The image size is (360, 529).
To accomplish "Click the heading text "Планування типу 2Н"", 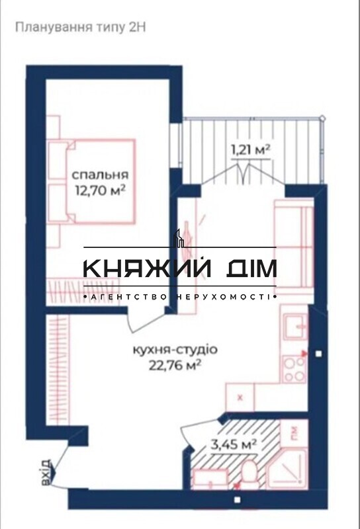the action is coord(81,27).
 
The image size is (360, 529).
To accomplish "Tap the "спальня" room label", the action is coord(101,175).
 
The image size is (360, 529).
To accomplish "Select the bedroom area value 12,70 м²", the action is coord(101,190).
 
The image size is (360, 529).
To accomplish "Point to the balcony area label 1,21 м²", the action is coord(250,149).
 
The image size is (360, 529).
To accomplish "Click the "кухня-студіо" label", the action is coord(175,350).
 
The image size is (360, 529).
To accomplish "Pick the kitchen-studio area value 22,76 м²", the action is coord(175,366).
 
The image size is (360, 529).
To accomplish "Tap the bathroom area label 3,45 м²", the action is coord(234,444).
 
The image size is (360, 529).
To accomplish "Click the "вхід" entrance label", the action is coord(46,473).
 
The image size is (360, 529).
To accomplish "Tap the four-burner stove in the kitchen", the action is coord(294,369).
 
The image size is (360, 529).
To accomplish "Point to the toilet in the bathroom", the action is coord(249,473).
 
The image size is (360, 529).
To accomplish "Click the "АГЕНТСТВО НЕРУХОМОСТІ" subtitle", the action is coord(180,297).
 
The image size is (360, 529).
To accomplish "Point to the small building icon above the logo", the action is coord(179,238).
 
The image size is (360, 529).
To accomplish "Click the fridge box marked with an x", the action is coord(240,397).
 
